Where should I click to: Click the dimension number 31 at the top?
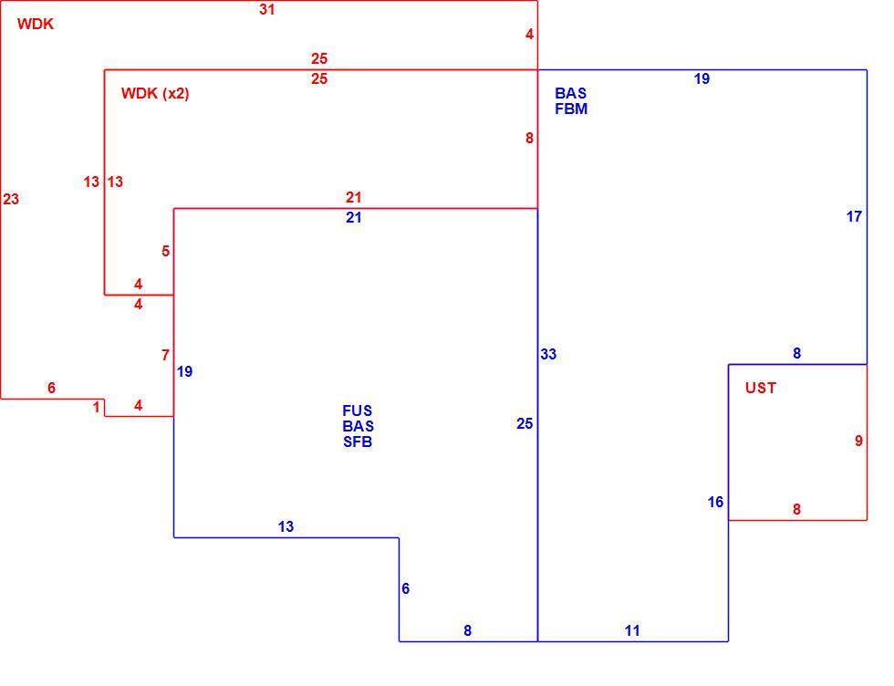point(266,9)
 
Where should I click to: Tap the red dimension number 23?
point(11,199)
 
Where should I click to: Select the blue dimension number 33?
point(548,354)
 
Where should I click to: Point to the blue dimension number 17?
point(854,217)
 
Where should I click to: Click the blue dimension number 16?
point(715,502)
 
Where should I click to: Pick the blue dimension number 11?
point(631,630)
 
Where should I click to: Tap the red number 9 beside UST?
point(858,441)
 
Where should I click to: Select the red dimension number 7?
point(165,355)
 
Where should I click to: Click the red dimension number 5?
point(165,251)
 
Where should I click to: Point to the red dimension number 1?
point(97,407)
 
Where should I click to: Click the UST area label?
point(761,388)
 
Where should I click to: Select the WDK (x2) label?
point(155,94)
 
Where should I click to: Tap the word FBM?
point(571,109)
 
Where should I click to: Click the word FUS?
point(357,411)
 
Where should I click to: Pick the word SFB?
point(358,442)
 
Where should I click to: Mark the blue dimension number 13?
point(286,526)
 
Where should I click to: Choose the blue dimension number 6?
point(405,588)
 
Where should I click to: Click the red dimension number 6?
point(51,388)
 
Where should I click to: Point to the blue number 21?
point(354,217)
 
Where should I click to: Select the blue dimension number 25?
point(525,423)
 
